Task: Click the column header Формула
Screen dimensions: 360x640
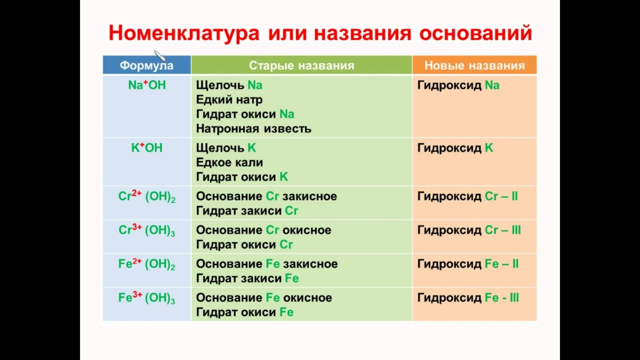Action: [x=146, y=65]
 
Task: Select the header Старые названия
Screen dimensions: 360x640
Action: [x=301, y=65]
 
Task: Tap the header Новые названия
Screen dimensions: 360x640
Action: [x=474, y=65]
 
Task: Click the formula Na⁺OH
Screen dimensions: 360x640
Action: [x=146, y=85]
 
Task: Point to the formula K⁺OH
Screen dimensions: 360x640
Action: [x=146, y=148]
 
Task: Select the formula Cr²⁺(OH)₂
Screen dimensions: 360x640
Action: [x=146, y=196]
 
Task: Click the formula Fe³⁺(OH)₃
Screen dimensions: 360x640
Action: [x=146, y=298]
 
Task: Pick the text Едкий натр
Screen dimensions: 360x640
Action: [x=229, y=99]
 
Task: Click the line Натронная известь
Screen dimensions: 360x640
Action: [x=253, y=128]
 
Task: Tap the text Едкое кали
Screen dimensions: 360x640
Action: [x=229, y=162]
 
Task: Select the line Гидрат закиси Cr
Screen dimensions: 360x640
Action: [x=247, y=211]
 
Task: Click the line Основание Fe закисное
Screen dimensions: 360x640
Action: [x=266, y=263]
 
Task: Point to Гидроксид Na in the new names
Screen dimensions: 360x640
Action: [x=458, y=85]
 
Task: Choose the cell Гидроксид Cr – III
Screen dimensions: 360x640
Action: [x=468, y=230]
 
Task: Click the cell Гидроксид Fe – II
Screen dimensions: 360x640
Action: [x=467, y=263]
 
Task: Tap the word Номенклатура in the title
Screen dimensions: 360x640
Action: [x=183, y=33]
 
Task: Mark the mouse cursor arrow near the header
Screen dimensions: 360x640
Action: [x=158, y=54]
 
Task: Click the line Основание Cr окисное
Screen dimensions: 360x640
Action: [x=263, y=230]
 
